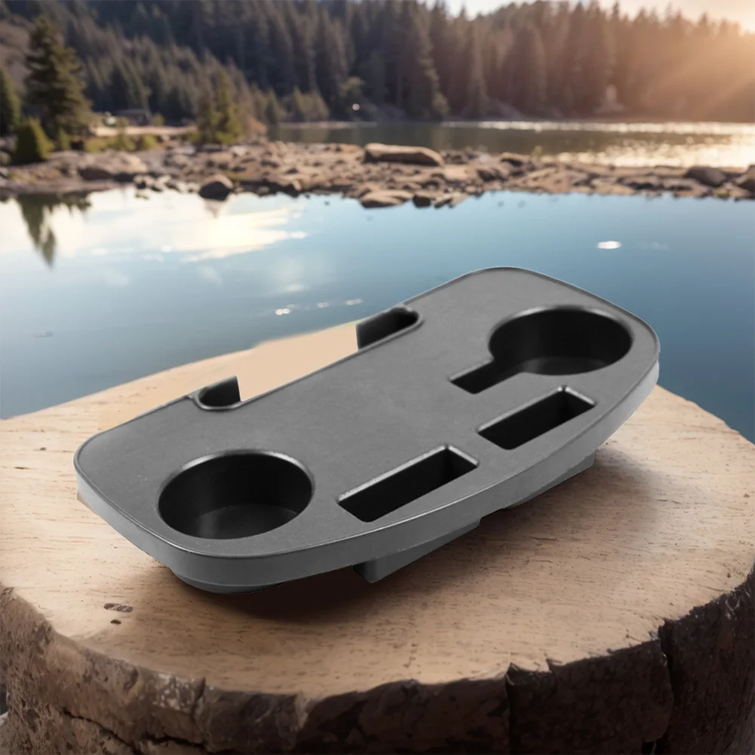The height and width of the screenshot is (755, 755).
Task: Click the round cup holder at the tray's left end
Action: tap(235, 495)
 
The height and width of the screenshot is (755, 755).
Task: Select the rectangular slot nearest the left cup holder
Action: tap(408, 483)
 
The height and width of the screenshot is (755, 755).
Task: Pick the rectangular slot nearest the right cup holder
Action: tap(536, 417)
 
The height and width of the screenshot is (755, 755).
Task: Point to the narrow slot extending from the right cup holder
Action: tap(474, 376)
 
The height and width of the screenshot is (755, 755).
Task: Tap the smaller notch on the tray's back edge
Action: tap(219, 393)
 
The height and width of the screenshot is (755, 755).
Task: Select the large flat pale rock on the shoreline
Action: tap(404, 155)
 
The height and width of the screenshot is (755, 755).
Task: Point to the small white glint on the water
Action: tap(608, 245)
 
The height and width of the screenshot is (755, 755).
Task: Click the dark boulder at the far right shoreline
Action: tap(706, 176)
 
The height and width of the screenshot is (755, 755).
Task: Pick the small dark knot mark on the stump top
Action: tap(118, 607)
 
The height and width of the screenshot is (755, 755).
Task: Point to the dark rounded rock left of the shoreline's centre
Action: tap(216, 187)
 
